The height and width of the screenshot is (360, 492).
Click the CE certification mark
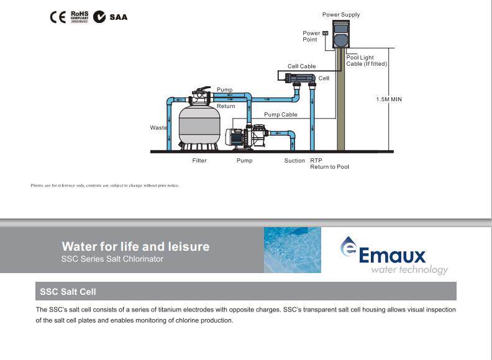[x=57, y=17]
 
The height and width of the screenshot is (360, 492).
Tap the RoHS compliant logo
[x=79, y=16]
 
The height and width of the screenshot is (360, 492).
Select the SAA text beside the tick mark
[x=118, y=17]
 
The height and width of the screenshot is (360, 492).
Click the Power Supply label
[x=340, y=15]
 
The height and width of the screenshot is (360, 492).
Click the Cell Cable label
[x=301, y=66]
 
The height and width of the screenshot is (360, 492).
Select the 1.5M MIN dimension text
[x=389, y=99]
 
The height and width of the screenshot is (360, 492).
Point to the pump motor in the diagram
[x=236, y=138]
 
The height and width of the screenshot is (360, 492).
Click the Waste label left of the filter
[x=158, y=128]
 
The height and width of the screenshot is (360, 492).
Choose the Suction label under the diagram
[x=294, y=161]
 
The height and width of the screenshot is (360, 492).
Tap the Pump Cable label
[x=281, y=115]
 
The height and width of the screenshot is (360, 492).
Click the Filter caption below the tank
[x=199, y=161]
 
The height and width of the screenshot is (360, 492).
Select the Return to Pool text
[x=329, y=167]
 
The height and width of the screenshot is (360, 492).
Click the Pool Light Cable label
[x=367, y=61]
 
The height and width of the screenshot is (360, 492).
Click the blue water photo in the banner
[x=292, y=250]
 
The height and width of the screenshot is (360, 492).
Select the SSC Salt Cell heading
[x=68, y=291]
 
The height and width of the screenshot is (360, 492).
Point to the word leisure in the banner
[x=184, y=246]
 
